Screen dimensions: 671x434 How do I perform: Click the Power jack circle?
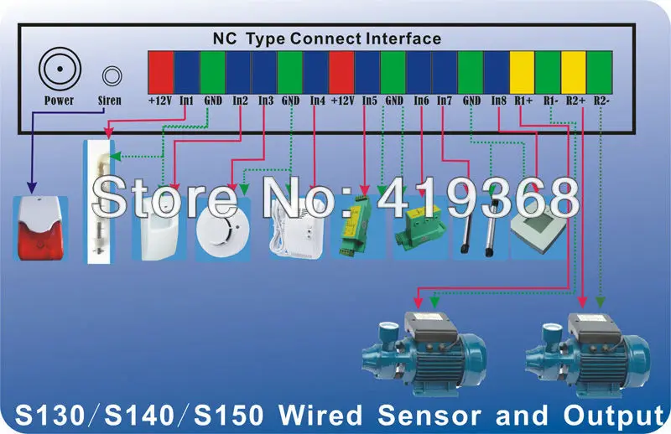tap(60, 69)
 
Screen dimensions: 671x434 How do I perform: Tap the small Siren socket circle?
tap(112, 76)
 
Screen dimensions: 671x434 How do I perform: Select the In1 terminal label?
tap(186, 101)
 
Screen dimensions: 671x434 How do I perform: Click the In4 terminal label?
tap(318, 101)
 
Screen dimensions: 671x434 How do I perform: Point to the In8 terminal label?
tap(498, 101)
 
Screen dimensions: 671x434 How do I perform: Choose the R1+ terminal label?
tap(523, 101)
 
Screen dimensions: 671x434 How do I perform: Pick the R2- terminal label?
tap(601, 101)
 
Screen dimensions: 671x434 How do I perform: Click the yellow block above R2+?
tap(574, 72)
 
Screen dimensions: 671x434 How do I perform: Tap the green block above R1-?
tap(548, 72)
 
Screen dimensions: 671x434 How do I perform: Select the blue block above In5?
tap(367, 72)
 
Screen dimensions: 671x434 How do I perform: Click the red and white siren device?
tap(40, 228)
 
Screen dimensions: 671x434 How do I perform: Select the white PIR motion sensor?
tap(159, 226)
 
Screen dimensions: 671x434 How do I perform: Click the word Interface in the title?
tap(403, 39)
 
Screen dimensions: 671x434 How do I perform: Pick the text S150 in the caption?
tap(229, 415)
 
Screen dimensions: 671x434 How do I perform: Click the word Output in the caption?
tap(615, 416)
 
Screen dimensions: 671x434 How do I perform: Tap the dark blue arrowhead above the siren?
tap(32, 187)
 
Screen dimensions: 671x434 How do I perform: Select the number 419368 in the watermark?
tap(478, 198)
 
